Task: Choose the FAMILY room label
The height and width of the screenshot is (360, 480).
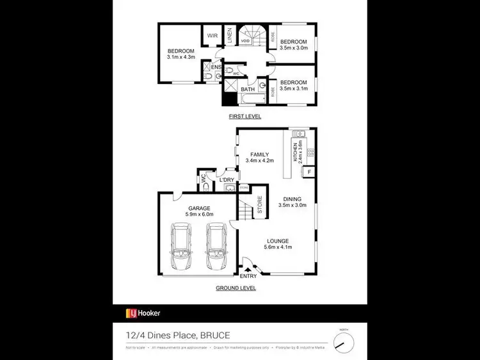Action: [x=259, y=158]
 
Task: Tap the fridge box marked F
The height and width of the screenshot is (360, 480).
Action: [x=309, y=172]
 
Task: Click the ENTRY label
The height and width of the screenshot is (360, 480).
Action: [x=248, y=275]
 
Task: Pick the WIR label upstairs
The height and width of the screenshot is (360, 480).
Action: [x=211, y=36]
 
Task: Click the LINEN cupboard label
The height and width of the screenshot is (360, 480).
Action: [x=230, y=37]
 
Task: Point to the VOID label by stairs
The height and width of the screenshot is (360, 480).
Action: [x=245, y=42]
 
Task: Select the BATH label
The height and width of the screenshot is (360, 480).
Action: [x=248, y=90]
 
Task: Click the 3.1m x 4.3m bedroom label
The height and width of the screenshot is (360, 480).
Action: [x=181, y=54]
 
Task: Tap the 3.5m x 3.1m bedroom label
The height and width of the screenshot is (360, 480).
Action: [x=294, y=85]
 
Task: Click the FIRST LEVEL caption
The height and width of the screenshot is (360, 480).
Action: [x=245, y=117]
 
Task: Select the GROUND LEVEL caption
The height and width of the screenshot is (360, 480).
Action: [x=236, y=288]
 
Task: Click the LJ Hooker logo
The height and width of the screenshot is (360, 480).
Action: [x=143, y=313]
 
